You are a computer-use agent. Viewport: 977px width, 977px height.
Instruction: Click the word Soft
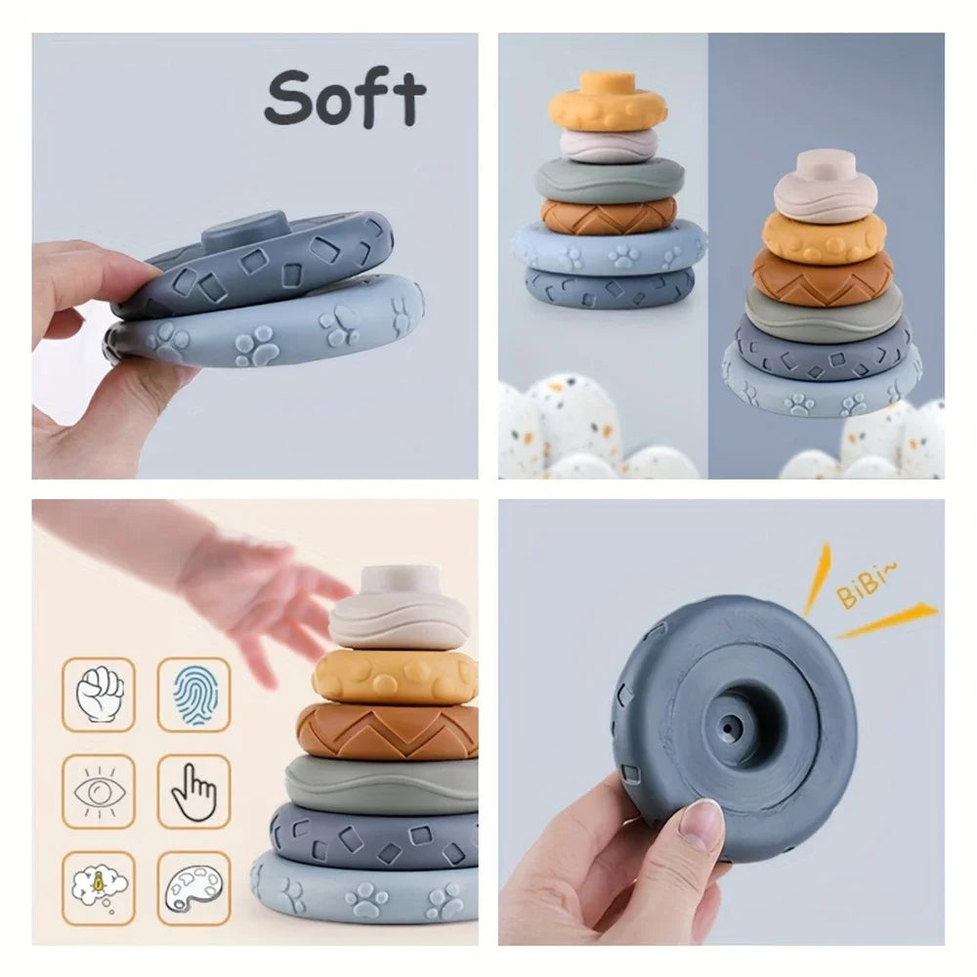tap(345, 98)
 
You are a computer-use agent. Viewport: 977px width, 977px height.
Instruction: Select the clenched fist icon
tap(100, 694)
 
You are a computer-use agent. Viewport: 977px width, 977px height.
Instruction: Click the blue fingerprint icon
tap(193, 694)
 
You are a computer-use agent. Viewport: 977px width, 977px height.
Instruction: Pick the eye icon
tap(100, 790)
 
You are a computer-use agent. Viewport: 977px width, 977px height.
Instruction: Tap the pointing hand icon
tap(193, 790)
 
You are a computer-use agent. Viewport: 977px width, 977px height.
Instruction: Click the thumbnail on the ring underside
tap(701, 827)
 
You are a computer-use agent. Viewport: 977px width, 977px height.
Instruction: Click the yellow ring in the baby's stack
tap(395, 676)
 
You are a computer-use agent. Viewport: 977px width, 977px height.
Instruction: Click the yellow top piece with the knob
tap(607, 104)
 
